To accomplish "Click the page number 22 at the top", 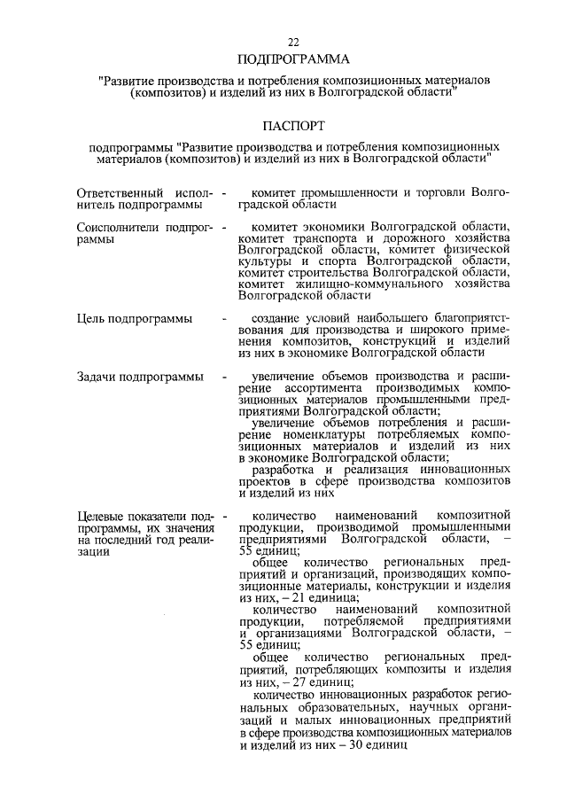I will coord(293,43).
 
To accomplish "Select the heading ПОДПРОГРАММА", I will coord(293,60).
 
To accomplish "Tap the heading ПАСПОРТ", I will coord(293,127).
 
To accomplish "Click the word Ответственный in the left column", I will coord(119,192).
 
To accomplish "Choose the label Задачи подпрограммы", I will coord(139,378).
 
